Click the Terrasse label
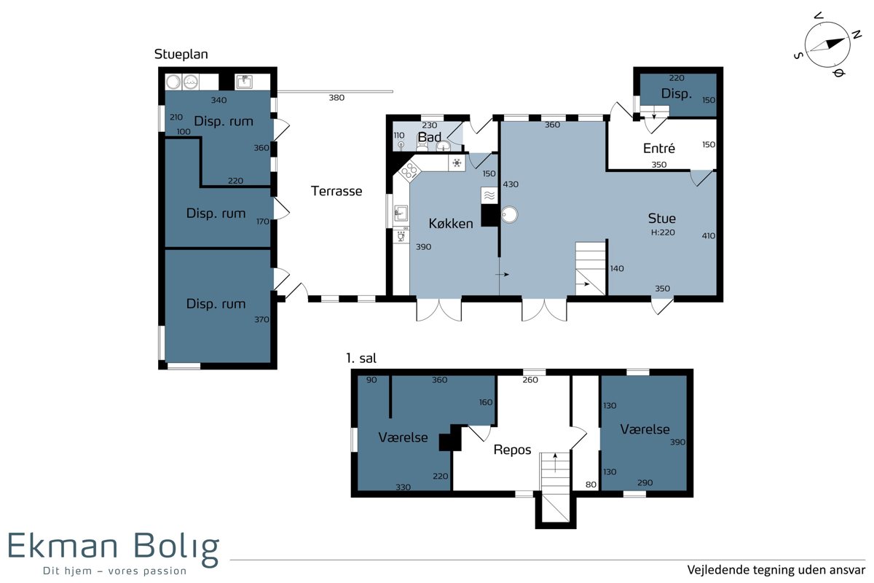click(x=336, y=191)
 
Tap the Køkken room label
click(x=451, y=223)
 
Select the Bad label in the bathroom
click(x=429, y=137)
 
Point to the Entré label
click(x=659, y=148)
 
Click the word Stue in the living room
click(x=662, y=218)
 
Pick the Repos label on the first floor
click(x=512, y=450)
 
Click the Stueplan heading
click(x=181, y=54)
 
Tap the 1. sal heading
click(x=361, y=358)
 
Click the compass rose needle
click(x=827, y=45)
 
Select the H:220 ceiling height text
click(x=663, y=232)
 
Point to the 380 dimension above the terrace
click(x=336, y=98)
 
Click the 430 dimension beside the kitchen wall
click(x=511, y=184)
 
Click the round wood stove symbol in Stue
click(x=509, y=214)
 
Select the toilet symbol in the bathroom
click(x=422, y=145)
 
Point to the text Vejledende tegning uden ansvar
click(x=776, y=570)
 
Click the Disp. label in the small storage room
click(x=676, y=93)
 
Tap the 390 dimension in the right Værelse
click(x=678, y=442)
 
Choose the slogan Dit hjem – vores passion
click(x=115, y=571)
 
